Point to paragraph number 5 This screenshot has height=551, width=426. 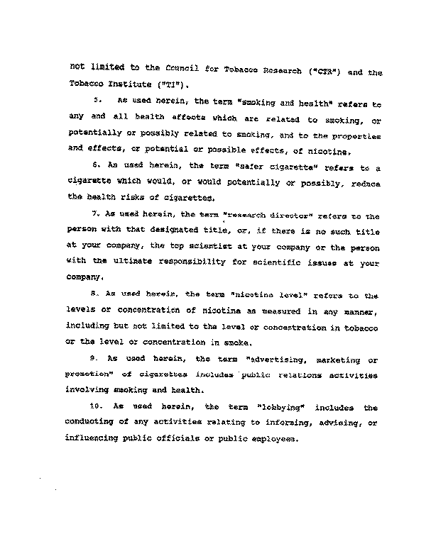coord(98,102)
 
